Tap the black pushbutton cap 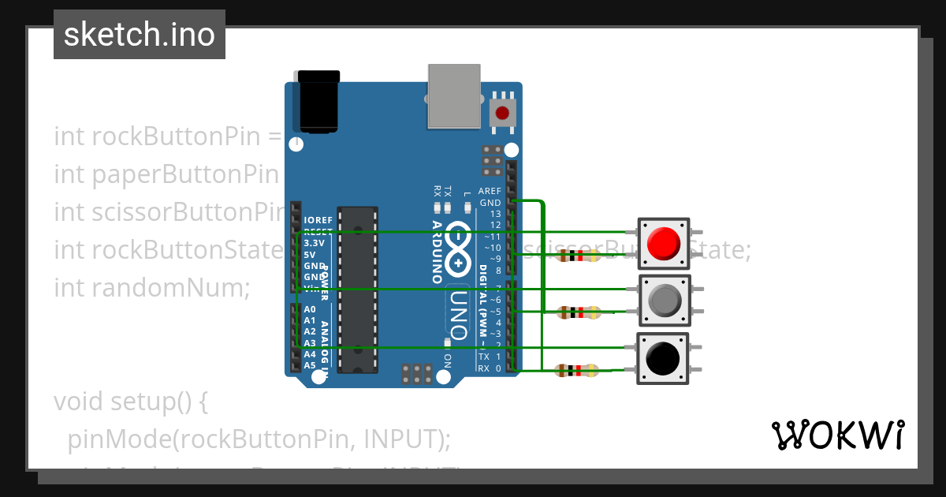tap(662, 359)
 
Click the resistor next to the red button tap(579, 256)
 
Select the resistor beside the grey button tap(579, 313)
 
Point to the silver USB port tap(453, 95)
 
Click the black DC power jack tap(317, 102)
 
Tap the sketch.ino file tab tap(140, 35)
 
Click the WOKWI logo tap(837, 435)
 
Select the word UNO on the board tap(459, 308)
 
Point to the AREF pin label tap(490, 192)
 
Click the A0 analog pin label tap(310, 310)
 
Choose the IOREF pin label tap(318, 220)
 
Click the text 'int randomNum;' tap(151, 288)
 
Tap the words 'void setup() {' tap(130, 402)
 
